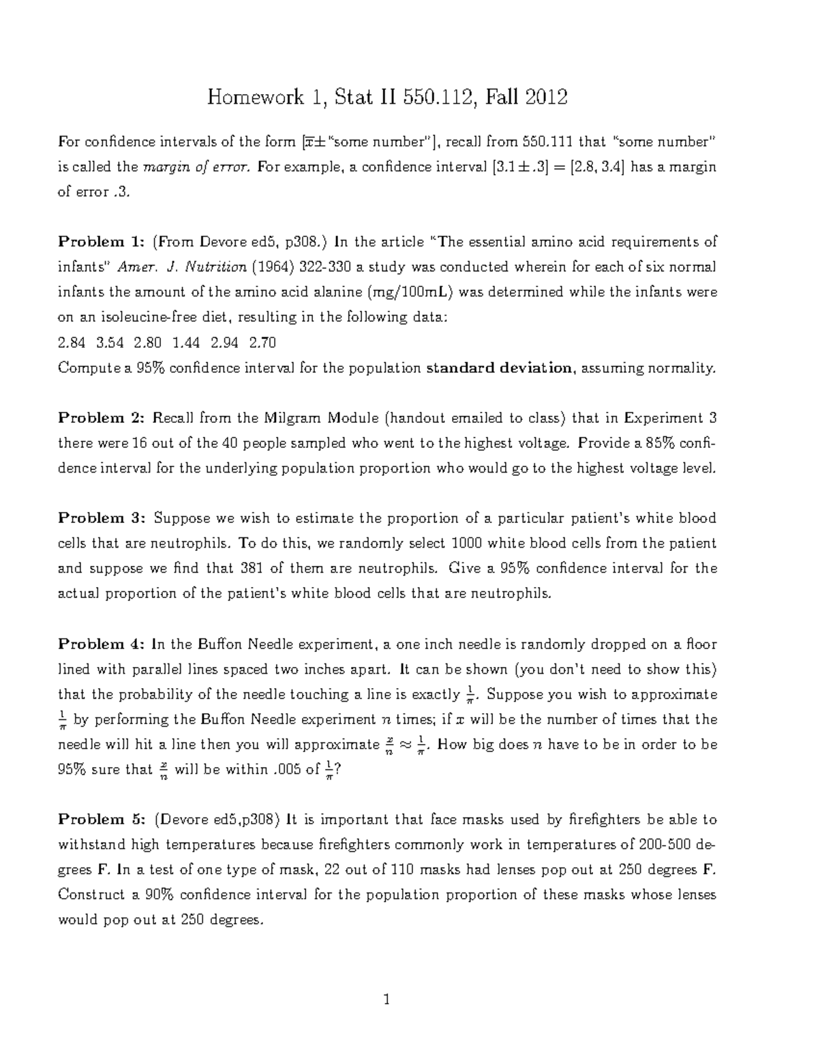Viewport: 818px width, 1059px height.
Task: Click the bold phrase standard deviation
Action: point(499,368)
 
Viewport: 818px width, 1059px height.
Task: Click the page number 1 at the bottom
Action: point(387,1000)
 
